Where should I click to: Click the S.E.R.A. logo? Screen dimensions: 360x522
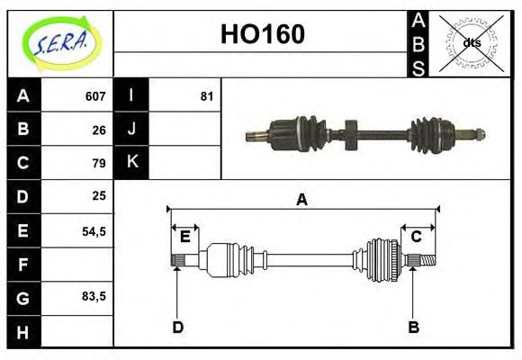[59, 43]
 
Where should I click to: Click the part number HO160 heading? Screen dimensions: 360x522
[262, 35]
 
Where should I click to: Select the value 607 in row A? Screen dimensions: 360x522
[95, 95]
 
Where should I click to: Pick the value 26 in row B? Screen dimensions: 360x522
[99, 129]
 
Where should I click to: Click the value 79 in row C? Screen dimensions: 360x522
[99, 163]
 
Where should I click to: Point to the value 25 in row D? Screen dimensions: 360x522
[99, 195]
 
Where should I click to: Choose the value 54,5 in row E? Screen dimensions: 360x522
[94, 230]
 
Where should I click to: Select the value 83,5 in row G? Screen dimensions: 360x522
[94, 296]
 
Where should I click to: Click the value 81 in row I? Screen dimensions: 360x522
[206, 95]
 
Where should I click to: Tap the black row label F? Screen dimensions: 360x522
[23, 264]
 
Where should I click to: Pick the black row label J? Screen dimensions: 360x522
[131, 129]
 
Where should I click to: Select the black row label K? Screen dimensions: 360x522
[131, 163]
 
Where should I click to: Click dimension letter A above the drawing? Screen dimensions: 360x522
[302, 200]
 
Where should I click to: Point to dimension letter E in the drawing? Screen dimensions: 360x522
[184, 237]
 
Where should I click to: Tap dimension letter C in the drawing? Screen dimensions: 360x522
[416, 237]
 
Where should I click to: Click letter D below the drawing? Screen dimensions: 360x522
[177, 328]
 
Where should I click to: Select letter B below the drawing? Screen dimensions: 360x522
[414, 328]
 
